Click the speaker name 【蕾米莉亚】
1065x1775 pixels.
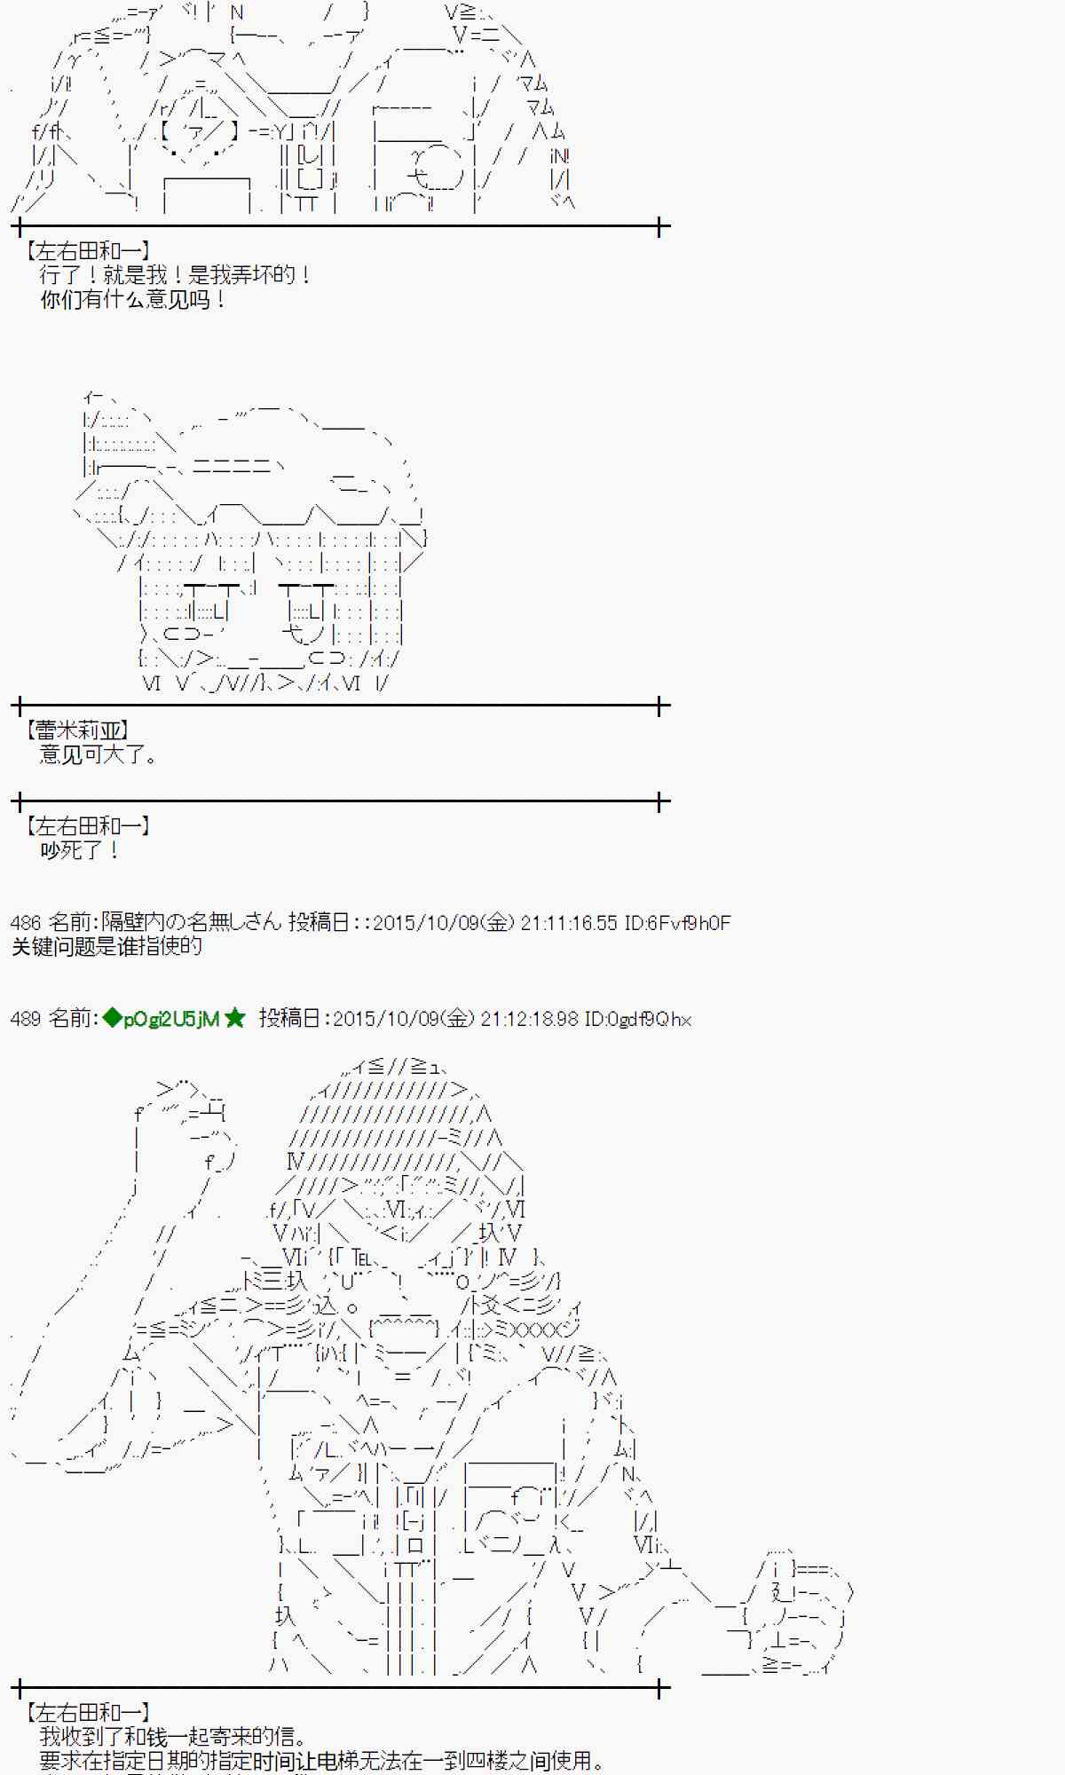coord(78,730)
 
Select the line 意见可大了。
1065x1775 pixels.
coord(99,755)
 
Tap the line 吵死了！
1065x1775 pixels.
coord(79,850)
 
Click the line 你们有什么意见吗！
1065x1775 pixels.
coord(133,300)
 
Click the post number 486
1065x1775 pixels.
coord(26,923)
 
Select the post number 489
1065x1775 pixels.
coord(26,1019)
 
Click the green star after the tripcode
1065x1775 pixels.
coord(235,1019)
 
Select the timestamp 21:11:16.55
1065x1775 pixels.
coord(568,923)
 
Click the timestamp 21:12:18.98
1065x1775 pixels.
coord(529,1019)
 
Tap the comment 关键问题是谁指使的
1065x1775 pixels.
coord(106,947)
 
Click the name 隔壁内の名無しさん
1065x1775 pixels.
coord(191,923)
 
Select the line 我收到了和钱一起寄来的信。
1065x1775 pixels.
coord(174,1738)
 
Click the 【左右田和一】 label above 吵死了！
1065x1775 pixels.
coord(88,826)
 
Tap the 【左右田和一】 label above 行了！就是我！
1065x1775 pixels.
coord(88,251)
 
